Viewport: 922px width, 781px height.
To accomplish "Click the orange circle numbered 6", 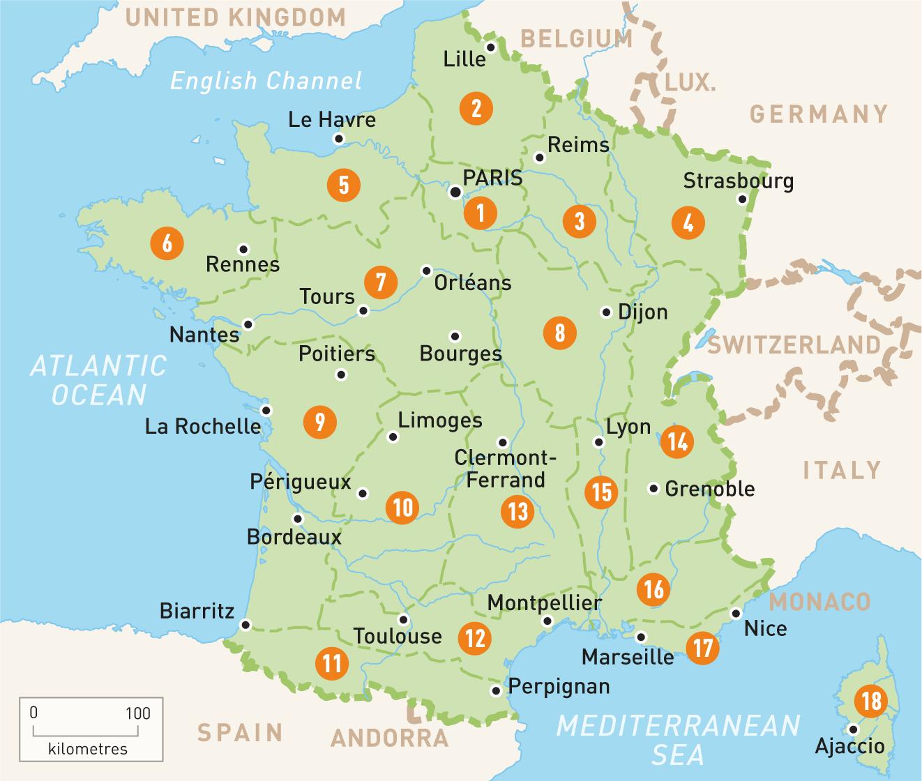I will point(167,243).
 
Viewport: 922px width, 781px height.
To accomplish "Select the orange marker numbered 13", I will point(517,511).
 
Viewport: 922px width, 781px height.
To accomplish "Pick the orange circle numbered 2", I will point(476,108).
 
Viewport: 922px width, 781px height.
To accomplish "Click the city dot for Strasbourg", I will point(742,199).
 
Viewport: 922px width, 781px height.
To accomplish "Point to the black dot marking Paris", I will point(455,192).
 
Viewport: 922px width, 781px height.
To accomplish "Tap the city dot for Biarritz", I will point(245,624).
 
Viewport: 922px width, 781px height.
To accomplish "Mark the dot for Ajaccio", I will point(852,729).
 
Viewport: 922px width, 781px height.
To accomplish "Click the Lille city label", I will point(464,59).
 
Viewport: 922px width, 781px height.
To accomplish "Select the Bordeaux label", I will point(294,537).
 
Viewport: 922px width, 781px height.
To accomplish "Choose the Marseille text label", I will point(628,657).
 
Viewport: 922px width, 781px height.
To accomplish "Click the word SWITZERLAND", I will point(794,345).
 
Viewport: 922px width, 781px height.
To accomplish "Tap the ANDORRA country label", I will point(389,738).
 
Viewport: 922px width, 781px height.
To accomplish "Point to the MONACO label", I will point(820,601).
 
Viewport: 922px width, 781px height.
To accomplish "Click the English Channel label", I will point(266,81).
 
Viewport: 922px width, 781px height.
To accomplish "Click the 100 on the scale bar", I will point(138,713).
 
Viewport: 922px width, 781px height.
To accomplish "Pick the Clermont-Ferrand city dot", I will point(503,443).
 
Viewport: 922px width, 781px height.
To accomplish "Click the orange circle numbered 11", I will point(332,662).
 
